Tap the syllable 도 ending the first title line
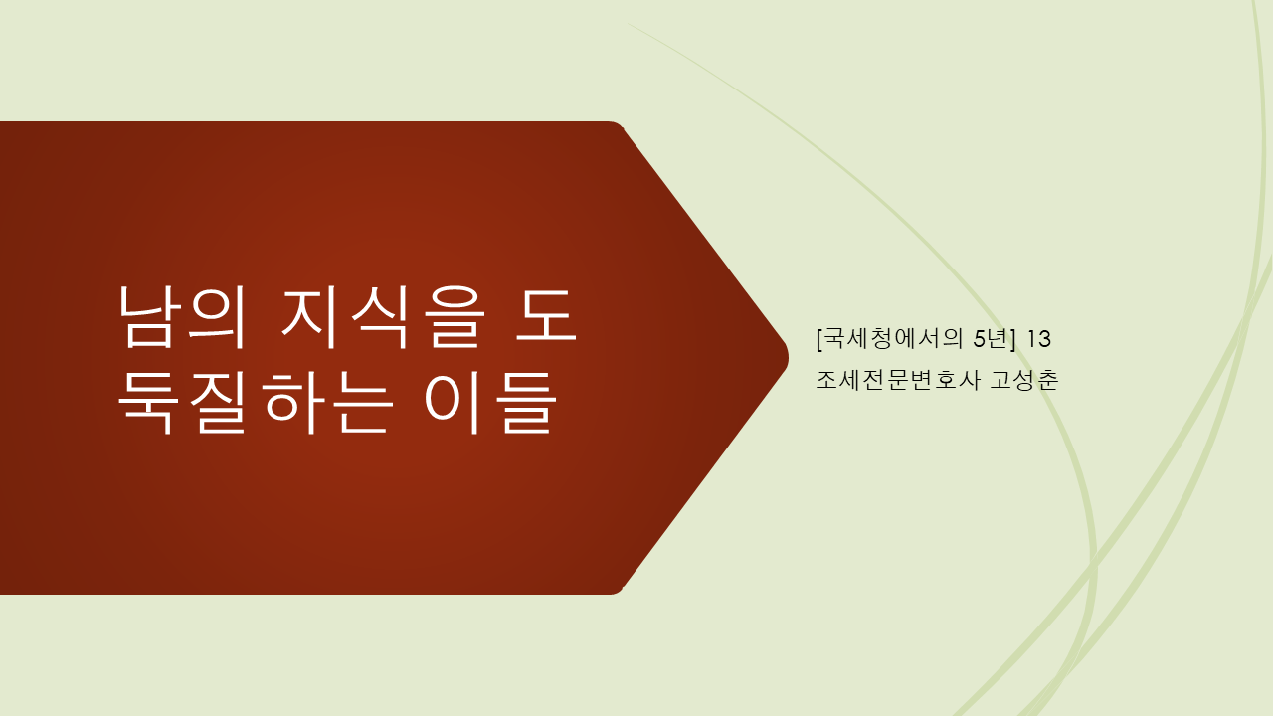pos(544,316)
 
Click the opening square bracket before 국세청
pos(818,338)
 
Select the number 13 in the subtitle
pos(1038,339)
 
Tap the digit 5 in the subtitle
pos(979,339)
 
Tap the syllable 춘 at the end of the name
pos(1047,380)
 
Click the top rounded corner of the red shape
pos(615,126)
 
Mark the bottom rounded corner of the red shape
pos(615,590)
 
